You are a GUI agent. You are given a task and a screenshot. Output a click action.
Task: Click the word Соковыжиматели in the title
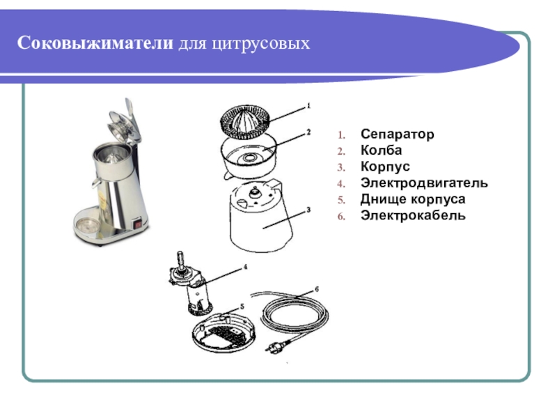[95, 43]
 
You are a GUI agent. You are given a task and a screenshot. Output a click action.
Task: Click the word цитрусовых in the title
[261, 44]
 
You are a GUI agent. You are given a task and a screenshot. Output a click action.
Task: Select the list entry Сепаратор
[397, 134]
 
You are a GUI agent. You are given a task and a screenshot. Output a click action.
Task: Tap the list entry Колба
[381, 150]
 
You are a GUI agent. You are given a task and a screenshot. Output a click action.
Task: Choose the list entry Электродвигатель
[424, 183]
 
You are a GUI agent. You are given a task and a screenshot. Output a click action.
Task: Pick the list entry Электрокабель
[413, 215]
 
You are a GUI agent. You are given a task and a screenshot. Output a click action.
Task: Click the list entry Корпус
[385, 167]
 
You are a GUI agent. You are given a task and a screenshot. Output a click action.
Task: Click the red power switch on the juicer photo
[137, 224]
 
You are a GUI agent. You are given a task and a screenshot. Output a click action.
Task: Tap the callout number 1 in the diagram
[308, 106]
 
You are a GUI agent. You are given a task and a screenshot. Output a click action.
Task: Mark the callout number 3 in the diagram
[308, 210]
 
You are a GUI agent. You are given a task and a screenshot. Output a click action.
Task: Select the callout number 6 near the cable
[317, 289]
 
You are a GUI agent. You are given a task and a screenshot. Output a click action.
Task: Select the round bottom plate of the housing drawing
[223, 333]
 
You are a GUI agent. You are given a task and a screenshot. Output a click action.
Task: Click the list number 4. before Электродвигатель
[341, 184]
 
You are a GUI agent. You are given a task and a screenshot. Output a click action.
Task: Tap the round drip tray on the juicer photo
[86, 226]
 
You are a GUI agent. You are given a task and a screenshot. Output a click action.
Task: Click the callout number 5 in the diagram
[242, 307]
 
